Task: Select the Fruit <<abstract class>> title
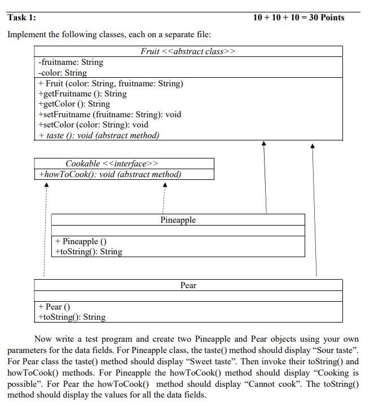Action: point(188,51)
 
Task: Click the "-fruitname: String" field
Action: point(70,62)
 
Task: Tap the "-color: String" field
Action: point(62,73)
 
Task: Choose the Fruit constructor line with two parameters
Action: point(111,83)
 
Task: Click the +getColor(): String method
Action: point(74,104)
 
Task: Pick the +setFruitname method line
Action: point(109,114)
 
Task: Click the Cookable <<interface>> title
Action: point(108,164)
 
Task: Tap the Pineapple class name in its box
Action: point(178,219)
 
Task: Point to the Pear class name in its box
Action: point(188,285)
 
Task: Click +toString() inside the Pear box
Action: point(72,317)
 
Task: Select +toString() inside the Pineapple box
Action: point(89,252)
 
